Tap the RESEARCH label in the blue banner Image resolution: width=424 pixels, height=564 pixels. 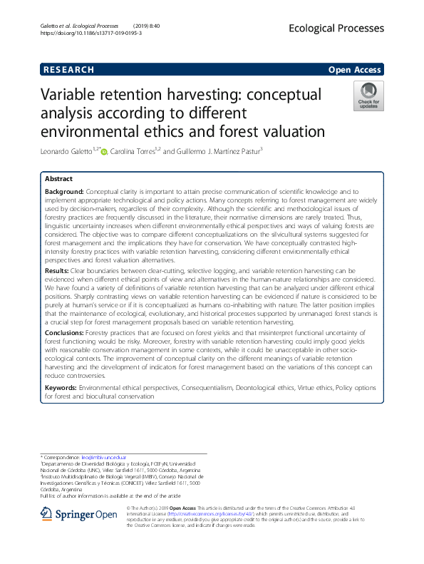[68, 69]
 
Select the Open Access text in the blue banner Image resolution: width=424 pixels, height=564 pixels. [355, 69]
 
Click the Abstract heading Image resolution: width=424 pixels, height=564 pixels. [58, 179]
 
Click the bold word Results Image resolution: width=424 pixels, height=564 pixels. [57, 270]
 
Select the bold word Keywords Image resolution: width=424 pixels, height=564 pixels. [61, 388]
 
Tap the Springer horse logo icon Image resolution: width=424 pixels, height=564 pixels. [45, 513]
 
